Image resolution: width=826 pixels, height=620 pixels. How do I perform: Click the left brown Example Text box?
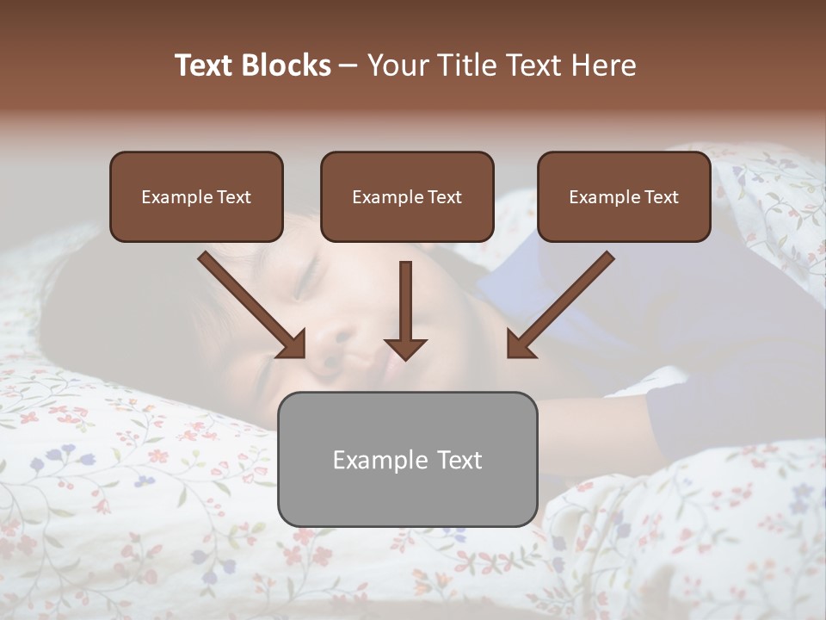coord(196,196)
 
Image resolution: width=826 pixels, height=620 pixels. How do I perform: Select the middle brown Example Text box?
coord(407,196)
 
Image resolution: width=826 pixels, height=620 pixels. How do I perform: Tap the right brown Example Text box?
coord(624,196)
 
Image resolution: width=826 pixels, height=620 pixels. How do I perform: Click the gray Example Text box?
coord(407,459)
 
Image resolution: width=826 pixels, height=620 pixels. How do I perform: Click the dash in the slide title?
coord(348,65)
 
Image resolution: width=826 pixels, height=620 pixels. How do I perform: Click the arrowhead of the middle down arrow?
coord(406,348)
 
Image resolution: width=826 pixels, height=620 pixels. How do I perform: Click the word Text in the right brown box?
coord(661,196)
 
